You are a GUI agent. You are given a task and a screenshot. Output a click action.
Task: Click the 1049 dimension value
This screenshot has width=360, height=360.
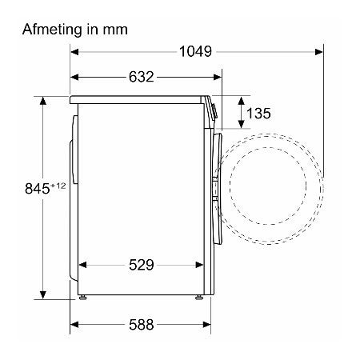[195, 51]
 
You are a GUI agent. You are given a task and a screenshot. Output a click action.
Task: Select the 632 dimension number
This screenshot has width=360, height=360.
[142, 77]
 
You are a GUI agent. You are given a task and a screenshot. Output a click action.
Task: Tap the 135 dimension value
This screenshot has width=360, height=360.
[258, 114]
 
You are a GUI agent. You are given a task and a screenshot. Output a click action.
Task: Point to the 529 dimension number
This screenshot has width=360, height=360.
[142, 265]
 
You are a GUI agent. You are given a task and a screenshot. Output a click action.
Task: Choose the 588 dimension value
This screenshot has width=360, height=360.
[142, 325]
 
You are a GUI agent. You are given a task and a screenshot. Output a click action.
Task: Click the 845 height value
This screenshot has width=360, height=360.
[38, 189]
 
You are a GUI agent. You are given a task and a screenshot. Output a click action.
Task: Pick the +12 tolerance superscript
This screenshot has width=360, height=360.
[58, 186]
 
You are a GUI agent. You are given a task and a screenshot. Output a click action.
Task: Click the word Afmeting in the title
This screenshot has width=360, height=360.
[52, 30]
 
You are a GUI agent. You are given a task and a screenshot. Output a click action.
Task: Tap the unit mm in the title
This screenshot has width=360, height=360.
[115, 30]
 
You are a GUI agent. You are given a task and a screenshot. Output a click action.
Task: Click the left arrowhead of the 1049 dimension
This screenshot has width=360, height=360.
[74, 52]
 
